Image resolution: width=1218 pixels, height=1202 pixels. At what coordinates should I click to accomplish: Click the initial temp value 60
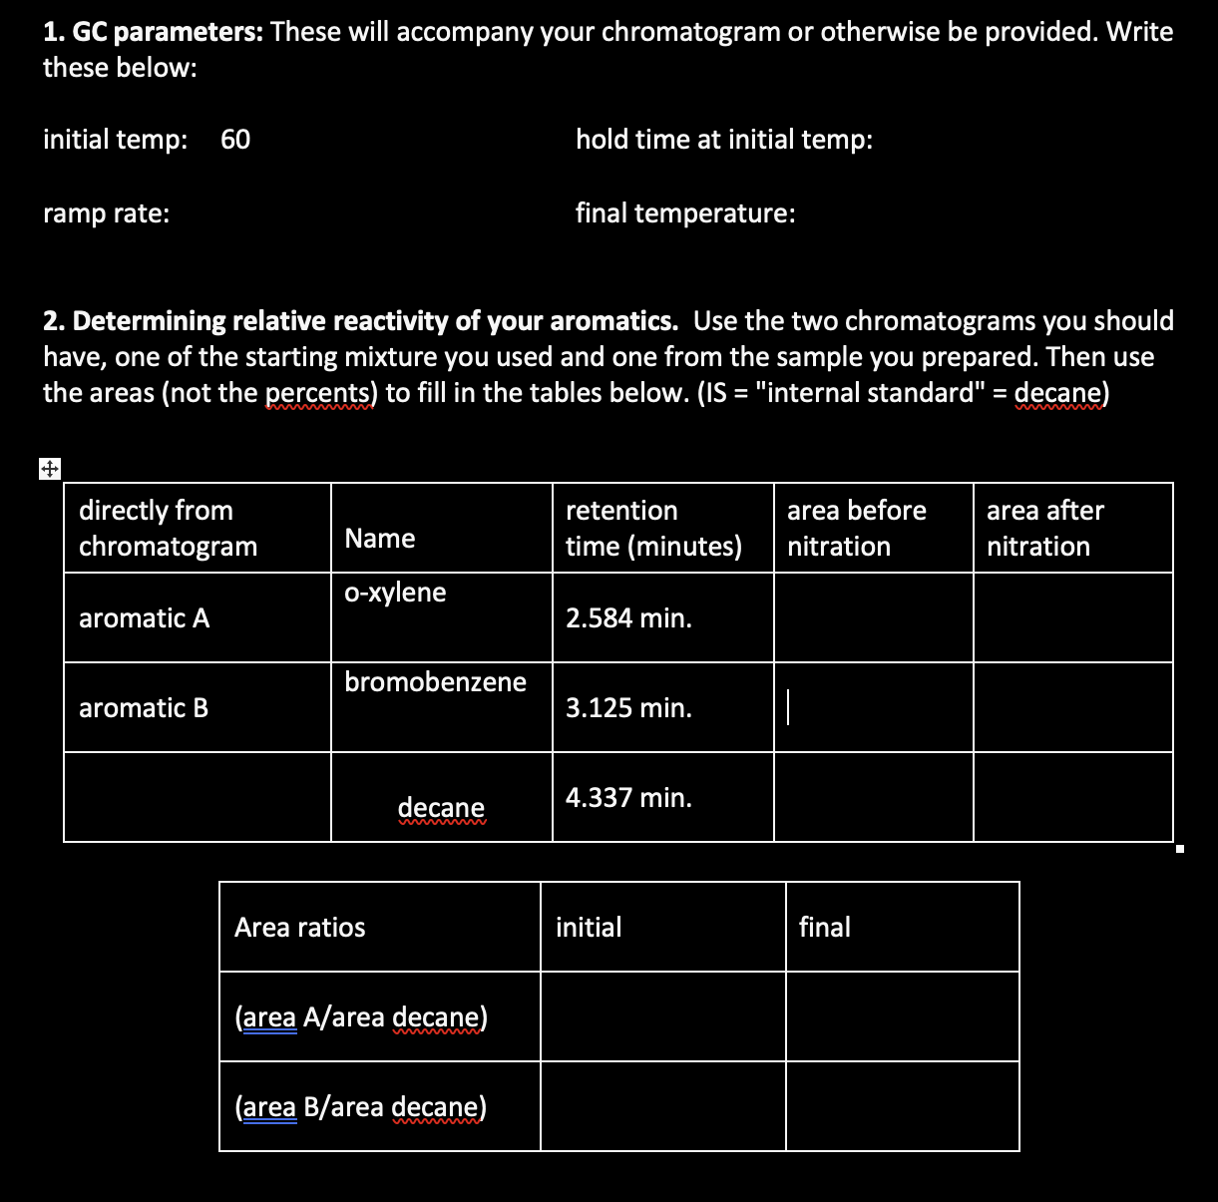coord(235,140)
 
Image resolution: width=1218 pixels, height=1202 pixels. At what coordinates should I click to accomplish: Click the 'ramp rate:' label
coord(106,213)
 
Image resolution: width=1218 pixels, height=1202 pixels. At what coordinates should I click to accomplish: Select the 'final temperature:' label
coord(685,213)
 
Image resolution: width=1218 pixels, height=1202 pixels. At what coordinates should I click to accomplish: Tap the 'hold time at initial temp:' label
coord(724,140)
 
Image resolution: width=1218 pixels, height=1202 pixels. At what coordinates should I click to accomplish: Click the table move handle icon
coord(50,468)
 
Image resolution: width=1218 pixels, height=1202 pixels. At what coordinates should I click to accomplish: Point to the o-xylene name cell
coord(395,593)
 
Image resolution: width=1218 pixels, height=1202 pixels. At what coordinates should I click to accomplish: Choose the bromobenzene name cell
coord(435,682)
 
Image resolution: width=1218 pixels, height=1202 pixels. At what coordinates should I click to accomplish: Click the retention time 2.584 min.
coord(628,618)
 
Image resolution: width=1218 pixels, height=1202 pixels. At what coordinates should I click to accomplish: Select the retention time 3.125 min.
coord(628,708)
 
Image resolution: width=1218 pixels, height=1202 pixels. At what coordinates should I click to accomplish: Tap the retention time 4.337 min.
coord(628,798)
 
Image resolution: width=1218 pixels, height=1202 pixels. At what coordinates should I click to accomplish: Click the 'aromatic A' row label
coord(145,618)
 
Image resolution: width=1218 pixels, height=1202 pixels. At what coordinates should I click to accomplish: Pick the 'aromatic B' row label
coord(144,708)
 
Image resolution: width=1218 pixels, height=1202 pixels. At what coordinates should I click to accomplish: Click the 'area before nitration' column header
coord(856,529)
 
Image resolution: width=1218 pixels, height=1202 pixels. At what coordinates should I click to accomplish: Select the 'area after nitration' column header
coord(1044,529)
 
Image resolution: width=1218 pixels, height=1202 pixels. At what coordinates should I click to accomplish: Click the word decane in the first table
coord(441,808)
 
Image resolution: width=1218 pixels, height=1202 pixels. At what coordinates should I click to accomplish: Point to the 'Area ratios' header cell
coord(299,928)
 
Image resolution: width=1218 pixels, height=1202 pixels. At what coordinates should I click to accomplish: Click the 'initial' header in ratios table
coord(589,928)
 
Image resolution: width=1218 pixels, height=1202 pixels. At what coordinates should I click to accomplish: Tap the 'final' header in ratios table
coord(824,928)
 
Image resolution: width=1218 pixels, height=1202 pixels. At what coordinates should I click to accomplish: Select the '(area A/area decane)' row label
coord(360,1017)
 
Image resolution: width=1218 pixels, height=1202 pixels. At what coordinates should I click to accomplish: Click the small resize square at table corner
coord(1179,850)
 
